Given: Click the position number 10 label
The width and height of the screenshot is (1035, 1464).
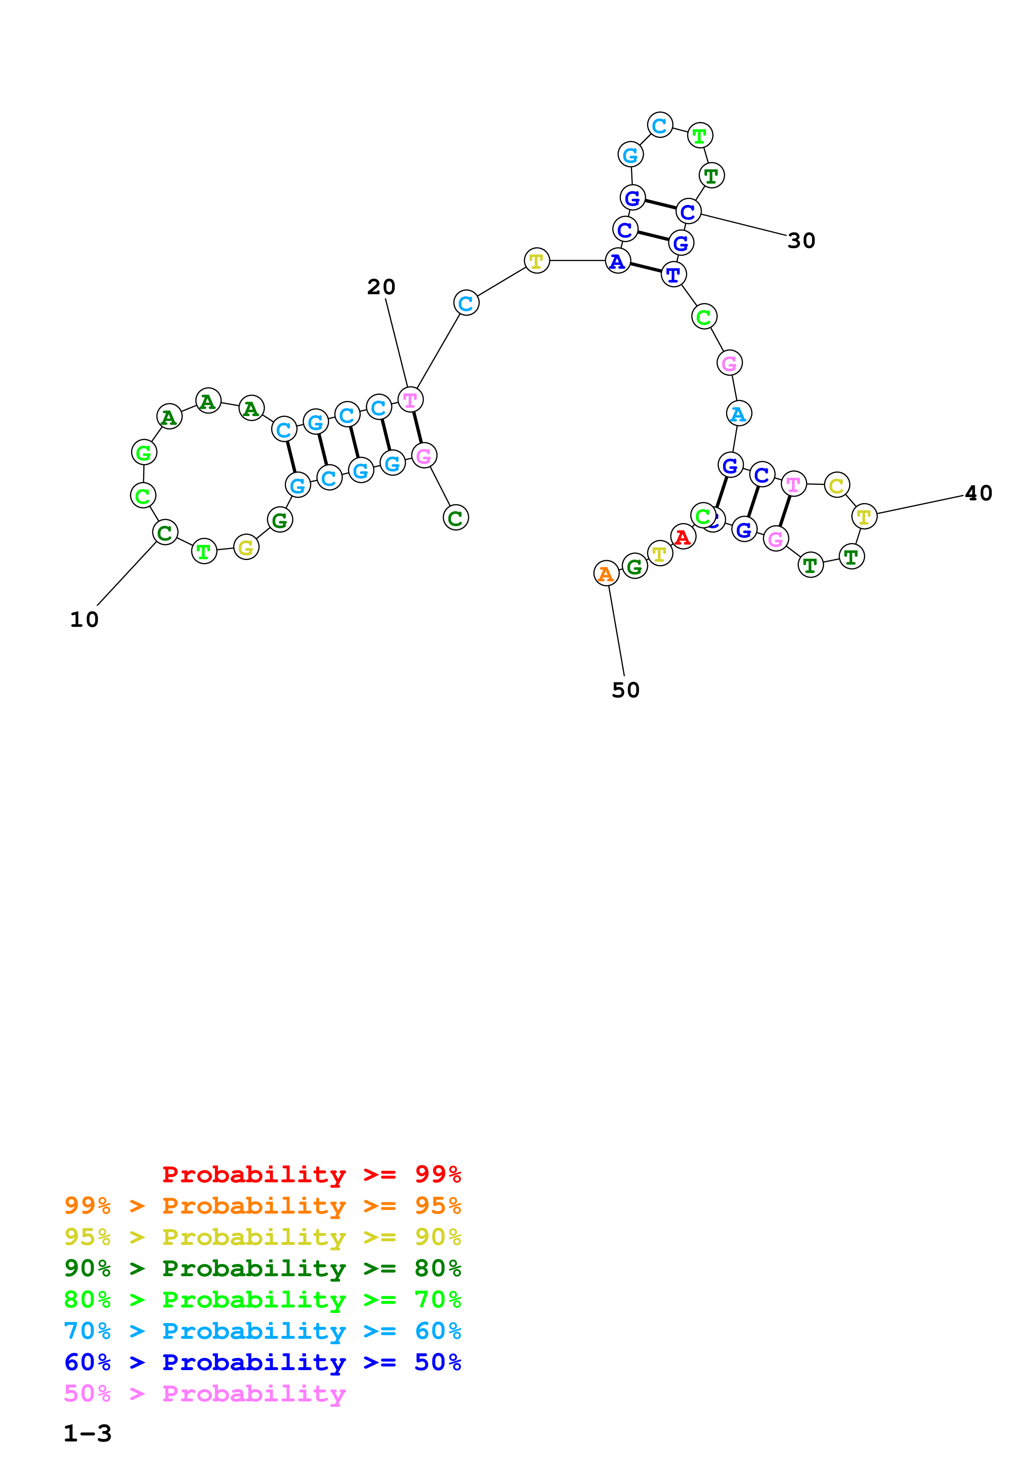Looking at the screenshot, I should pos(84,619).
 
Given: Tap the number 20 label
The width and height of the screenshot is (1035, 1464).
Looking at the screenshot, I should pos(381,287).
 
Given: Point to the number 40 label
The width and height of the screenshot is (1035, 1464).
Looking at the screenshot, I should pos(978,493).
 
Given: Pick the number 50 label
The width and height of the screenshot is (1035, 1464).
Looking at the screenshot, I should pos(625,690).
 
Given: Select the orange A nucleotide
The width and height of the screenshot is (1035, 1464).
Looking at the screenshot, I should pos(606,573).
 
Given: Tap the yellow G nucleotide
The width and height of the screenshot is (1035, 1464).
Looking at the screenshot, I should pos(246,547).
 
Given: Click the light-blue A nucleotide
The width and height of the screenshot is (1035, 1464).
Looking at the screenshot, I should pos(739,414).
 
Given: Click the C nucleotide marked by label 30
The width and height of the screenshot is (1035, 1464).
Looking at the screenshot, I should pos(688,211).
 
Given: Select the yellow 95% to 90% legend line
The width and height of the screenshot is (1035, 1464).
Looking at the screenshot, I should pos(262,1237).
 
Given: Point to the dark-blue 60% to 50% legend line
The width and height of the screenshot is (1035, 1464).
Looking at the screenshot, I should pos(262,1362).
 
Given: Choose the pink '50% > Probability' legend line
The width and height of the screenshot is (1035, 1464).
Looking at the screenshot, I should pos(205,1394).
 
